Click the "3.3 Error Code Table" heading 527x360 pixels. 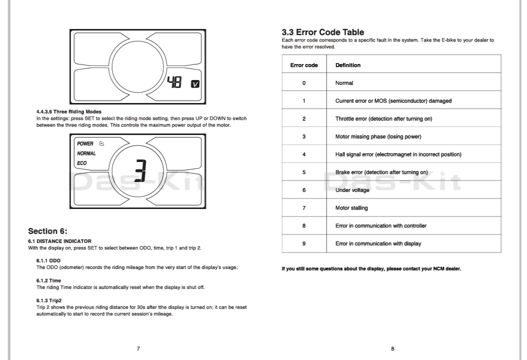click(x=323, y=32)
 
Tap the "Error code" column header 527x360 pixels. click(x=304, y=65)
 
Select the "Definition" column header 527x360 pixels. click(x=348, y=65)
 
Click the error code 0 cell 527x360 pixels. click(x=304, y=83)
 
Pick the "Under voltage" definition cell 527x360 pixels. click(x=352, y=190)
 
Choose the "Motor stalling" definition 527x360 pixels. click(x=351, y=208)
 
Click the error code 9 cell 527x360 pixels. click(x=304, y=243)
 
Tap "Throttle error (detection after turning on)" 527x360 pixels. click(x=383, y=118)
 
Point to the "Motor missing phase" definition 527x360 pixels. click(x=378, y=136)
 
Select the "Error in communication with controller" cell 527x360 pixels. click(x=381, y=226)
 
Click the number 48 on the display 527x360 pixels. click(x=175, y=83)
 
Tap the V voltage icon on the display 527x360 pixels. click(x=195, y=83)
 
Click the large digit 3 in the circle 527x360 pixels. click(x=140, y=171)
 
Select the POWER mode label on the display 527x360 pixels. click(x=85, y=143)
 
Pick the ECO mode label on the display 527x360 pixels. click(x=81, y=163)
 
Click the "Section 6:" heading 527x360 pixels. click(x=47, y=231)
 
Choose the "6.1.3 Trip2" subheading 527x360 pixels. click(x=49, y=300)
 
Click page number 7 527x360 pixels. click(x=138, y=348)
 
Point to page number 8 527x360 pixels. click(x=392, y=348)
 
